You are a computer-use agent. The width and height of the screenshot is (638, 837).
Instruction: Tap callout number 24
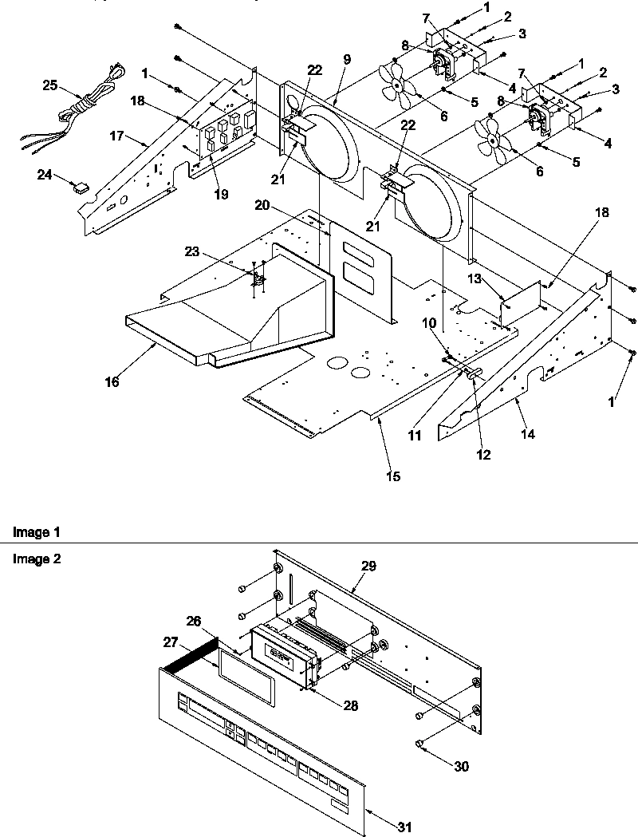(x=45, y=172)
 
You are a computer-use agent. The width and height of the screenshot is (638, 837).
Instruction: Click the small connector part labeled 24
(x=80, y=188)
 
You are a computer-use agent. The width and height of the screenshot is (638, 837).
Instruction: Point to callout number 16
(x=112, y=382)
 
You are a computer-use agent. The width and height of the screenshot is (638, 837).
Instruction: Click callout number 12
(x=483, y=456)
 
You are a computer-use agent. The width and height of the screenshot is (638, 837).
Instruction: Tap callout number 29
(x=368, y=565)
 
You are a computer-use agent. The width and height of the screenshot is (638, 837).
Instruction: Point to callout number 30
(x=462, y=767)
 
